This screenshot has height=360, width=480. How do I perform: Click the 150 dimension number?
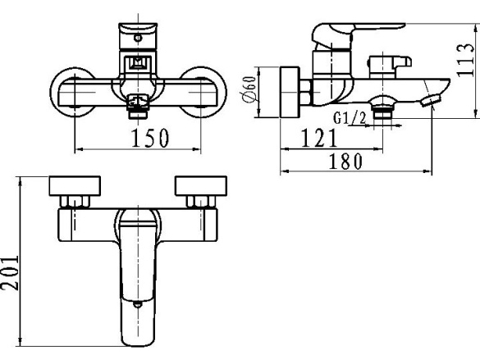(x=150, y=139)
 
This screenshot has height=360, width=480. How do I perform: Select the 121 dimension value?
(x=319, y=138)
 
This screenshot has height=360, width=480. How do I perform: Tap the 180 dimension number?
(x=345, y=162)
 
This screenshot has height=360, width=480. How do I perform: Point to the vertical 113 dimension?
(x=465, y=60)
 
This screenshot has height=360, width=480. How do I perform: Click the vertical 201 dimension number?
(x=10, y=272)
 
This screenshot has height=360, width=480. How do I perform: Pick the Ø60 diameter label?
(x=249, y=89)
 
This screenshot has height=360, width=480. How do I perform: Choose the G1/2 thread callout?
(x=350, y=118)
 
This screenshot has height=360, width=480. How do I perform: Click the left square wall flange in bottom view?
(x=75, y=185)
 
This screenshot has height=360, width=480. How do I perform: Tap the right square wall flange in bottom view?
(x=201, y=185)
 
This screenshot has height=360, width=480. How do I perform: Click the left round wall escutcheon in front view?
(x=53, y=92)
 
